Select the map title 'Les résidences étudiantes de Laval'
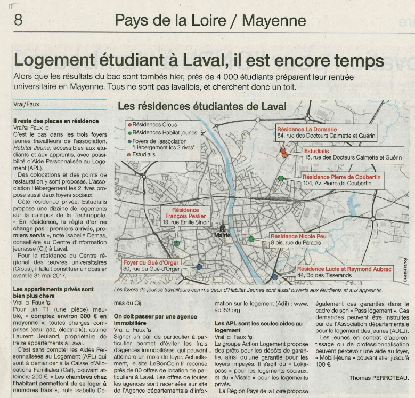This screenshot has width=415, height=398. click(202, 106)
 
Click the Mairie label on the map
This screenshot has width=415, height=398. click(222, 235)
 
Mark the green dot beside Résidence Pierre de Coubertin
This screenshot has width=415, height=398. click(281, 178)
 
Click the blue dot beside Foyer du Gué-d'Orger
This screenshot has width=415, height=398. click(199, 267)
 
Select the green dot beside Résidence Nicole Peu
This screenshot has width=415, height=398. click(251, 239)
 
